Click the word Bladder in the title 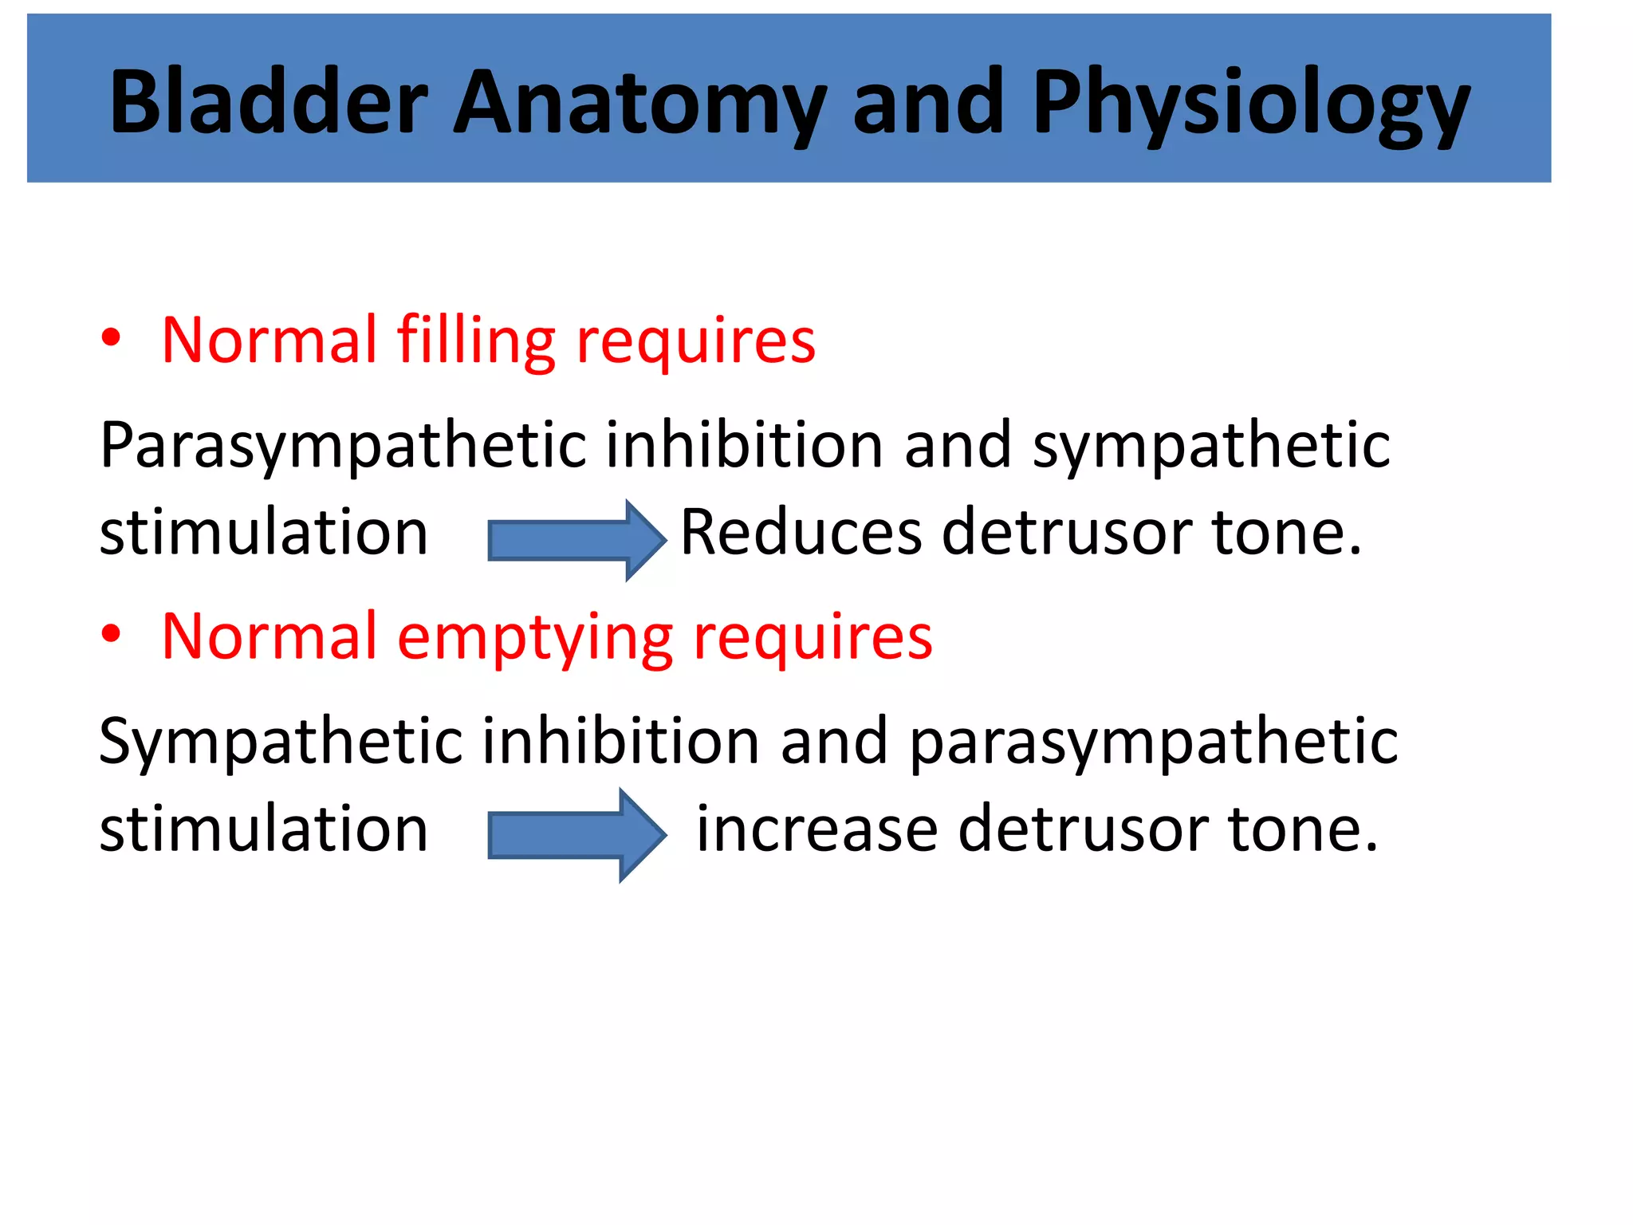(270, 102)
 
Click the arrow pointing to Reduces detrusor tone (576, 540)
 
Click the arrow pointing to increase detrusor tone (576, 835)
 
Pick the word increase (816, 829)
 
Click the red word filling (475, 341)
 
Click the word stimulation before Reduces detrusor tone (264, 533)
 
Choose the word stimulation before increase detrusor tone (264, 829)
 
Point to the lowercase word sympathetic (1211, 447)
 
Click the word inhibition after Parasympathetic (744, 444)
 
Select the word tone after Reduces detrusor (1285, 532)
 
